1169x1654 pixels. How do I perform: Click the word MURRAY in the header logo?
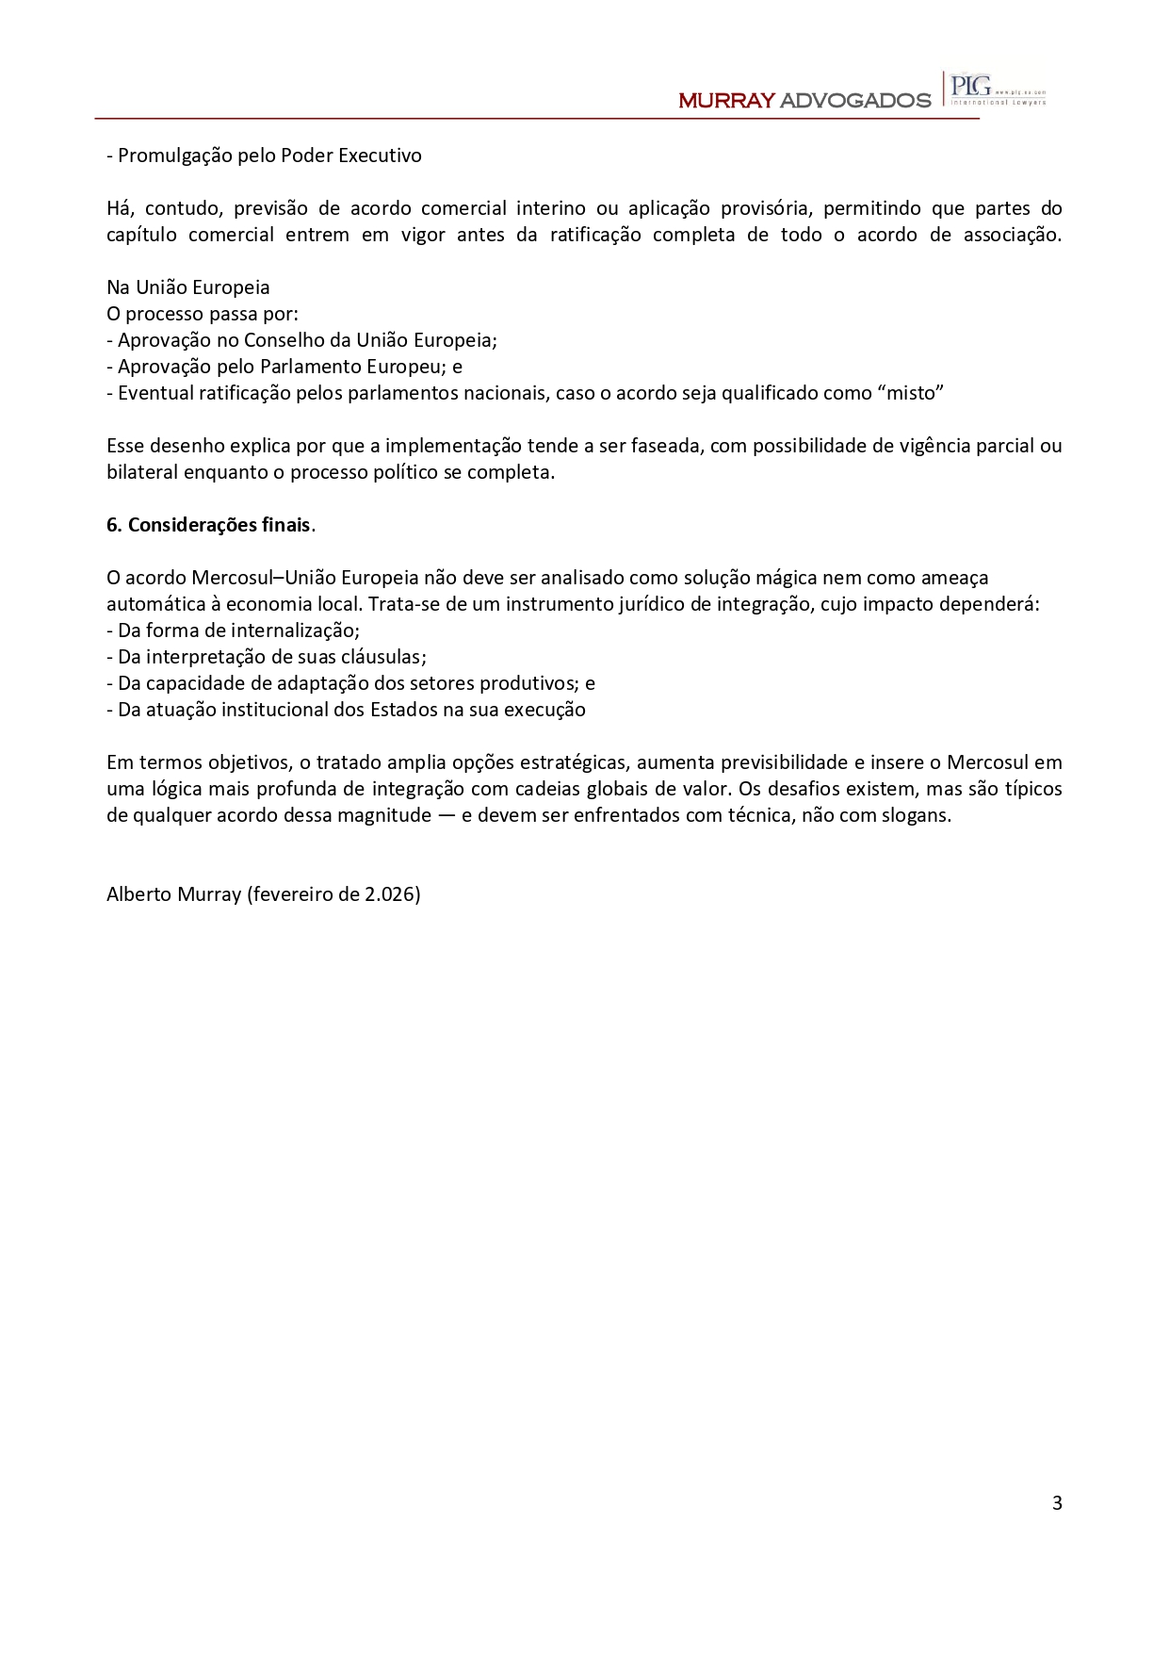tap(726, 101)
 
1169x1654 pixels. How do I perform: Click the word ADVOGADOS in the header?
tap(855, 101)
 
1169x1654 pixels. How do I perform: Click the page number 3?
tap(1057, 1502)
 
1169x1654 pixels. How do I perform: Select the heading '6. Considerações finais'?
tap(209, 525)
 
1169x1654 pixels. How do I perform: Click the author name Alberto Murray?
tap(173, 894)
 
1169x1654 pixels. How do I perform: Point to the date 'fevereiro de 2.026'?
tap(334, 894)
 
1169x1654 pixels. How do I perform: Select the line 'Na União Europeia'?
tap(188, 287)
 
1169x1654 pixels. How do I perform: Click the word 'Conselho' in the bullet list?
tap(284, 340)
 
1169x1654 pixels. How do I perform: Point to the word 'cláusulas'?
tap(387, 657)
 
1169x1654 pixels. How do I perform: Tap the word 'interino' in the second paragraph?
tap(550, 208)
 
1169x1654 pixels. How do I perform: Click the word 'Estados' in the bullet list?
tap(403, 710)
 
